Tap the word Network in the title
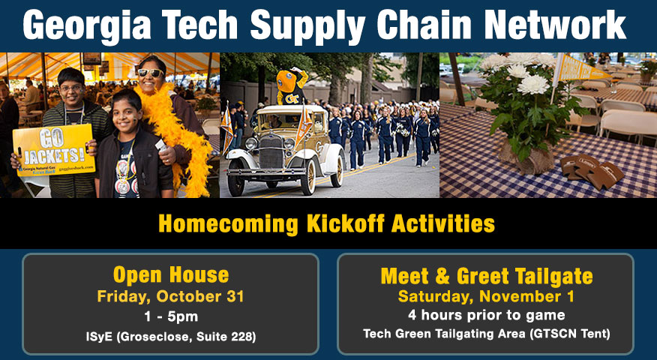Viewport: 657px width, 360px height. pos(555,24)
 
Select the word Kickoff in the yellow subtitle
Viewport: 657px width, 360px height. pos(346,223)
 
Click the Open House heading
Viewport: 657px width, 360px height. pos(171,275)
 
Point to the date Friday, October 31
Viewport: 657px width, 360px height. pos(170,296)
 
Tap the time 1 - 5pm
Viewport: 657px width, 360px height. pos(171,316)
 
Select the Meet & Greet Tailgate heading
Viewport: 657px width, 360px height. pos(487,276)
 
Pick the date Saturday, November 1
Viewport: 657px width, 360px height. pos(486,296)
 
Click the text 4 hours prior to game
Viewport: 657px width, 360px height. pos(487,315)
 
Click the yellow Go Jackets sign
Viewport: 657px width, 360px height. pos(54,148)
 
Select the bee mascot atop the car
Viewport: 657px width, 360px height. pos(291,86)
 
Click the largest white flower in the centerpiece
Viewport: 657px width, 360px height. pos(533,84)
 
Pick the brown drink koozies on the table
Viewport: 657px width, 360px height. pos(592,172)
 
